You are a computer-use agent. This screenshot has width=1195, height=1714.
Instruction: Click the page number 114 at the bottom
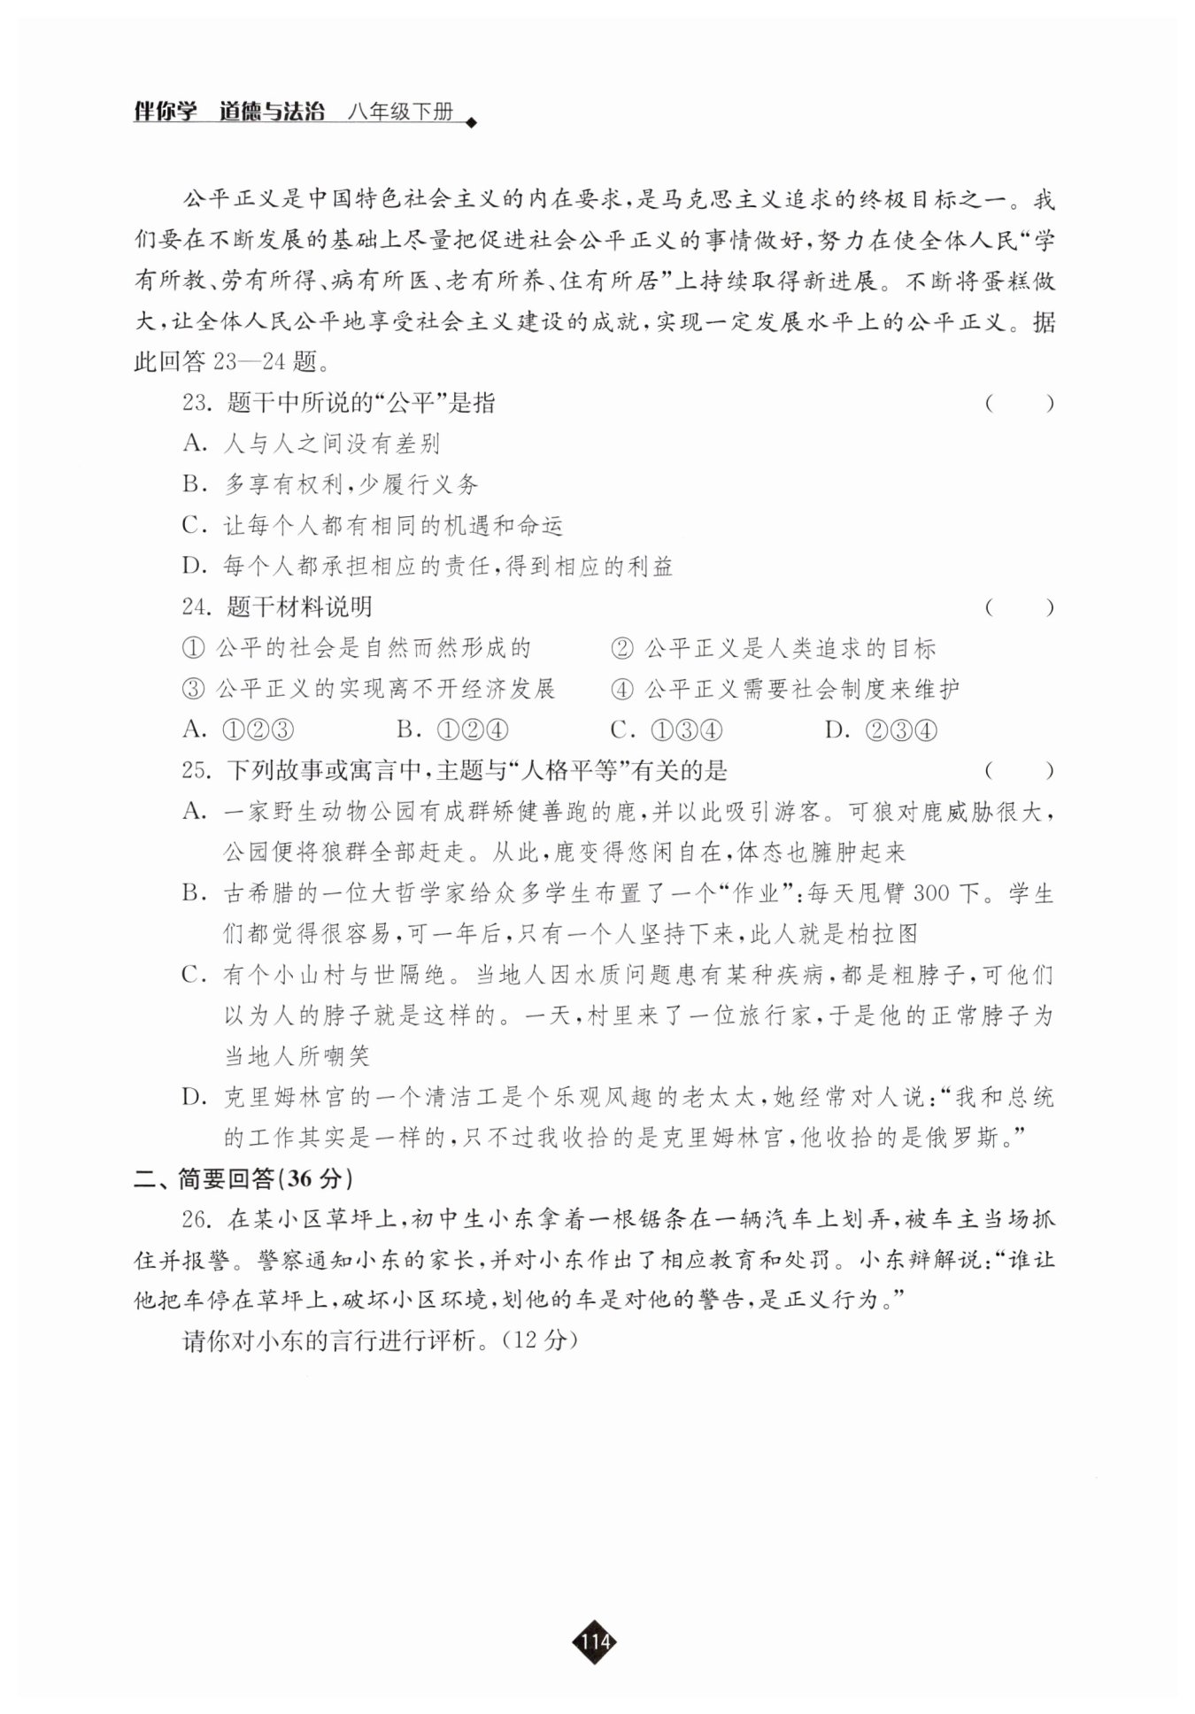(595, 1642)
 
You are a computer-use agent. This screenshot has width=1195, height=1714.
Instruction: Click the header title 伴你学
(165, 112)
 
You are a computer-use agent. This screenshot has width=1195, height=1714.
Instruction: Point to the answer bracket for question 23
(1019, 404)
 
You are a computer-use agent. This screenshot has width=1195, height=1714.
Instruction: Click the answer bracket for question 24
(1019, 607)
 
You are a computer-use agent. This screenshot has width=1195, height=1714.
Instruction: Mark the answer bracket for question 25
(1019, 771)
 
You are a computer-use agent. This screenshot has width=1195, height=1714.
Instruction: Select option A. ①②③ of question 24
(238, 730)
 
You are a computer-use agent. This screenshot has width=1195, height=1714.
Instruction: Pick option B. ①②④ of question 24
(452, 730)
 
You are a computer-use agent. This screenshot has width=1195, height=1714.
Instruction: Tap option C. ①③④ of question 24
(667, 730)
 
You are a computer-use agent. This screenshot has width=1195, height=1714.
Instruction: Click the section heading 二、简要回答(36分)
(243, 1178)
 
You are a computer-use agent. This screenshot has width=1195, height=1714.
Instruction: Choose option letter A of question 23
(194, 444)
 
